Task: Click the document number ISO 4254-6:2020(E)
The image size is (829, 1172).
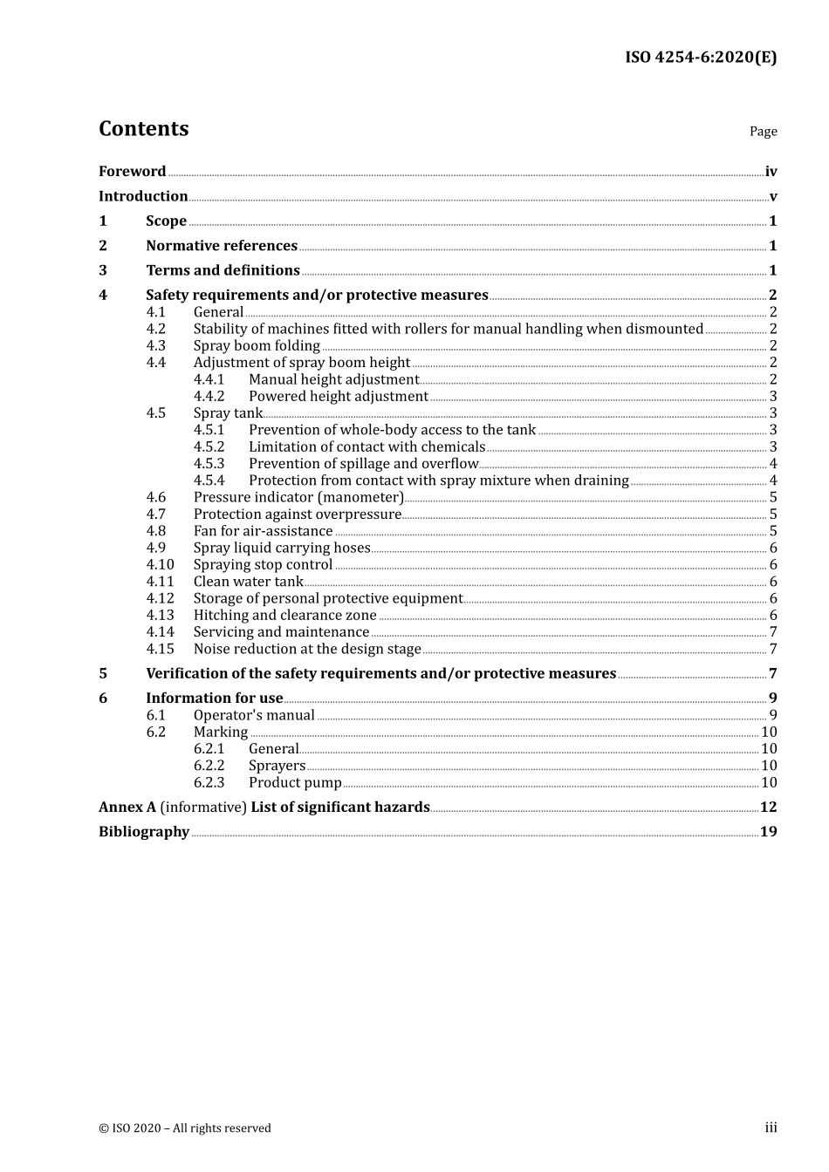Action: coord(700,58)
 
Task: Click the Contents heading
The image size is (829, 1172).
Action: coord(143,129)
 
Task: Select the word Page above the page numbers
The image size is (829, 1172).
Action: coord(763,132)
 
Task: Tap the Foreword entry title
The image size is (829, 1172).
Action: coord(132,172)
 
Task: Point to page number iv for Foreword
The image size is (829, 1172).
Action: coord(771,172)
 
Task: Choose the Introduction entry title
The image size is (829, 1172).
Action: coord(143,196)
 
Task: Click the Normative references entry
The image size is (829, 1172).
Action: coord(222,246)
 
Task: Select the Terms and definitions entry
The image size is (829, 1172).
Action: coord(223,270)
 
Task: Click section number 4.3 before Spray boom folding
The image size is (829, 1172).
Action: coord(155,346)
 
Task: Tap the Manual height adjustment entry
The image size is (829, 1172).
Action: coord(333,379)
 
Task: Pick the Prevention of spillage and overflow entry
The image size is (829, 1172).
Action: coord(363,464)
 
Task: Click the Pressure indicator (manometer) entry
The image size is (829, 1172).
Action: coord(298,497)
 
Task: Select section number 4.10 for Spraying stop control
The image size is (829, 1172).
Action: coord(160,565)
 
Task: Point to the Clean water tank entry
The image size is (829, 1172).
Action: coord(248,582)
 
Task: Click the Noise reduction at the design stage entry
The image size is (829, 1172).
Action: coord(307,649)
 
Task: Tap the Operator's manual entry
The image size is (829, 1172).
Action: coord(254,715)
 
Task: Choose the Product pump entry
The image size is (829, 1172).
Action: coord(295,783)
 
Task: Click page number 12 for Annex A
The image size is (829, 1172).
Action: coord(768,807)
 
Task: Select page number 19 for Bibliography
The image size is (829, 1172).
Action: coord(768,832)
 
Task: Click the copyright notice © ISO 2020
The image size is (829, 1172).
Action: coord(184,1128)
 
